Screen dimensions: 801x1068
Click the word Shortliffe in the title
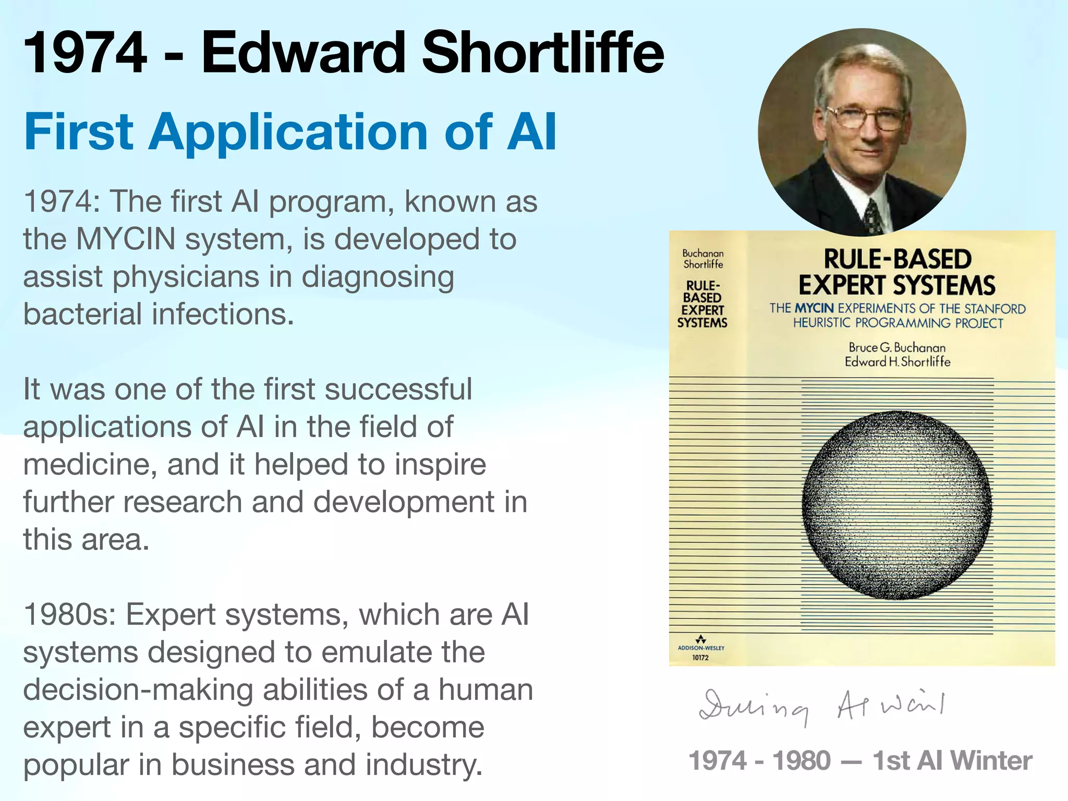[x=542, y=53]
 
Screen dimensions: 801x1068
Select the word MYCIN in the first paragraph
[x=125, y=239]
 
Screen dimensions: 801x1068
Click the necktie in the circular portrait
[x=872, y=216]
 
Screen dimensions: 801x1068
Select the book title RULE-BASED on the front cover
[x=897, y=260]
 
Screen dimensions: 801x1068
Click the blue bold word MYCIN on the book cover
[x=815, y=309]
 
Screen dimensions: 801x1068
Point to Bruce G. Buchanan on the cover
[x=897, y=347]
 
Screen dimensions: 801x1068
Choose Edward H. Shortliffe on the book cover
[x=897, y=361]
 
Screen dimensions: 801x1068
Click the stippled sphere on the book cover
[x=897, y=505]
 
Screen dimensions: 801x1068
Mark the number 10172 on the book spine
[x=700, y=658]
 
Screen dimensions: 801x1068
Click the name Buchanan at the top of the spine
[x=703, y=253]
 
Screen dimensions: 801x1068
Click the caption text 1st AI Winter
[x=952, y=761]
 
